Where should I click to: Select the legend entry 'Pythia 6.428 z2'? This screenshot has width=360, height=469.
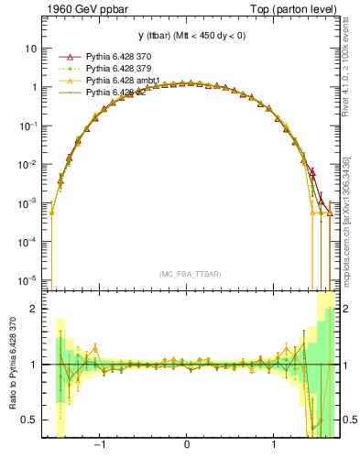pyautogui.click(x=109, y=93)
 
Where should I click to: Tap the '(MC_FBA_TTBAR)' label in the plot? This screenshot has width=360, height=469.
pyautogui.click(x=187, y=274)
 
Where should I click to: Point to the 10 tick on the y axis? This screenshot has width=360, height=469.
pyautogui.click(x=31, y=48)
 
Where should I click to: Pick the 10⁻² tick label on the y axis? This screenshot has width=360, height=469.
pyautogui.click(x=28, y=164)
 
